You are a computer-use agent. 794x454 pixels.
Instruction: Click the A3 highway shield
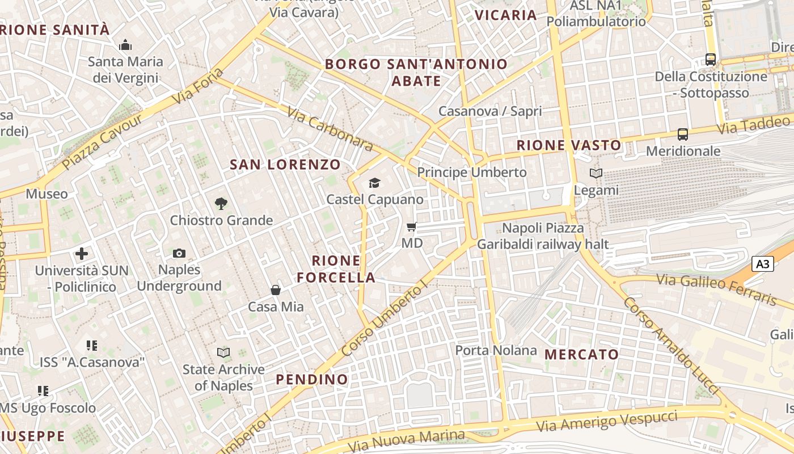pos(763,264)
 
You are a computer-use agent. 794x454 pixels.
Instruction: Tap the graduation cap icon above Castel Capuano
pos(374,183)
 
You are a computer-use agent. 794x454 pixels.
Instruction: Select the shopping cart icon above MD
pos(412,226)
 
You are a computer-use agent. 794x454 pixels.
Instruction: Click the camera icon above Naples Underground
pos(179,253)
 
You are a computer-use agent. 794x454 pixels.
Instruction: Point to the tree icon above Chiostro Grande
pos(221,203)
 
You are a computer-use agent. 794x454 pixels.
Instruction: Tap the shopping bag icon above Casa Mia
pos(276,290)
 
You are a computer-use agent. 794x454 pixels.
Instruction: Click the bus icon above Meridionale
pos(683,134)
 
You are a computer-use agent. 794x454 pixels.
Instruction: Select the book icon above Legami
pos(595,173)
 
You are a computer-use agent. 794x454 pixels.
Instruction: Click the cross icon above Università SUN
pos(82,254)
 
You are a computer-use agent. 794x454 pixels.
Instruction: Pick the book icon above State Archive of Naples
pos(223,352)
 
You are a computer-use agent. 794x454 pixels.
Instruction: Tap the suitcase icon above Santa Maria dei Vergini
pos(125,45)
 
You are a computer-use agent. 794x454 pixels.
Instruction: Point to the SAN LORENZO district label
pos(285,165)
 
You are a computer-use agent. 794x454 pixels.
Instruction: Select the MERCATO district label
pos(582,355)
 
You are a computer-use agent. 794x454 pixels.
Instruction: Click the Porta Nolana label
pos(496,350)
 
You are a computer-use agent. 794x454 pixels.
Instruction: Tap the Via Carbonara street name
pos(330,129)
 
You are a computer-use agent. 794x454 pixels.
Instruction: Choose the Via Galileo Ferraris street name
pos(717,289)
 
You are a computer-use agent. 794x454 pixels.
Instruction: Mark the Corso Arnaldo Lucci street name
pos(671,346)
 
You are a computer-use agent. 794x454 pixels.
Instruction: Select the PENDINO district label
pos(312,379)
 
